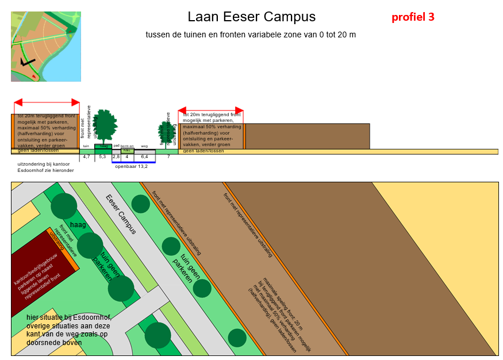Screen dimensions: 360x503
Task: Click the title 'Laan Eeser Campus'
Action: (x=251, y=17)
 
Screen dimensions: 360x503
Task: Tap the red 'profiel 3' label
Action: (x=413, y=17)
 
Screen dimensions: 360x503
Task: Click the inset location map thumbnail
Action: (x=46, y=46)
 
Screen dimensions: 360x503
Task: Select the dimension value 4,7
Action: (x=86, y=156)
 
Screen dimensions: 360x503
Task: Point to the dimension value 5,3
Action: (x=102, y=156)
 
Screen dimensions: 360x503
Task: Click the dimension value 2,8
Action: (x=116, y=156)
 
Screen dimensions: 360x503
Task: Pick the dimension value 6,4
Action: (x=144, y=156)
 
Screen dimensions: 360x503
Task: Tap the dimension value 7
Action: (x=168, y=156)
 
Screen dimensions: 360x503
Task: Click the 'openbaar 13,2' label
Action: (x=132, y=166)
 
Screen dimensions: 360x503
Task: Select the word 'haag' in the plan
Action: (x=78, y=224)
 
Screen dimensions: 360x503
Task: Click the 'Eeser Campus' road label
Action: (x=121, y=214)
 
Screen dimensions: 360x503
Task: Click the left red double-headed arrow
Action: (x=47, y=102)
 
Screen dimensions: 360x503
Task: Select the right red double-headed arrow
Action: (x=210, y=110)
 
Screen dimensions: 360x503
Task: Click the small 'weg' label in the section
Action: (x=144, y=146)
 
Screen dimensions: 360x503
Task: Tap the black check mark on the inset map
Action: (x=26, y=62)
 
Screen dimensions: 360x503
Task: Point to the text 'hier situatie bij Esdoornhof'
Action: (x=68, y=317)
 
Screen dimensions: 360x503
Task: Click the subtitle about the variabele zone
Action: (x=251, y=35)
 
